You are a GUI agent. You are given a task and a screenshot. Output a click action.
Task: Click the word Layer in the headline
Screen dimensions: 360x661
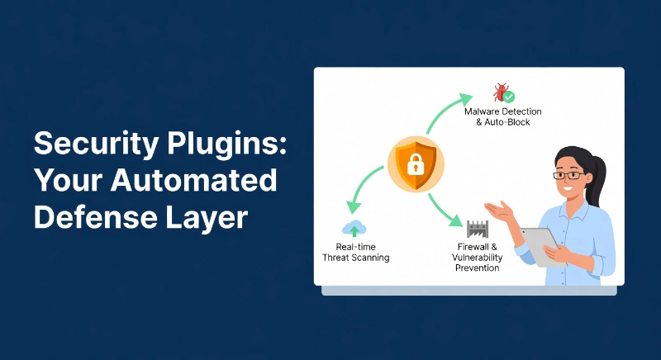click(x=202, y=218)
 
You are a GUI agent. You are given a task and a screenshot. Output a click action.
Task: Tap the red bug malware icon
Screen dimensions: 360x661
click(x=500, y=92)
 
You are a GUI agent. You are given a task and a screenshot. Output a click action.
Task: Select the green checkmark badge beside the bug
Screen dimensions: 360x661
click(x=509, y=97)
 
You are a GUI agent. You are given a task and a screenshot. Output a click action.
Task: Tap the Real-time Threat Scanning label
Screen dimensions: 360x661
click(x=355, y=252)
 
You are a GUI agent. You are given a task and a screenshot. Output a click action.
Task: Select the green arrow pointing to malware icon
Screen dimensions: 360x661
click(x=450, y=111)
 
